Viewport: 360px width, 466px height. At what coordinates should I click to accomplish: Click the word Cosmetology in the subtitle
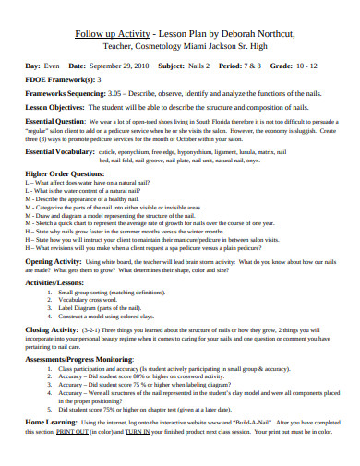coord(167,47)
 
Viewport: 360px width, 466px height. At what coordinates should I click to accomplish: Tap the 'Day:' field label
coord(32,66)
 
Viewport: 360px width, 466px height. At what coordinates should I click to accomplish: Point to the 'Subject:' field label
coord(172,66)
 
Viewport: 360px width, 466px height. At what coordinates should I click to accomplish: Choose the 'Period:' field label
coord(232,66)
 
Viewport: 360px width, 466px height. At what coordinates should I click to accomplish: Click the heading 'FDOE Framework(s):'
coord(59,80)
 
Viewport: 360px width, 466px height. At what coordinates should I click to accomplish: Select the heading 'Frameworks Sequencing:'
coord(65,93)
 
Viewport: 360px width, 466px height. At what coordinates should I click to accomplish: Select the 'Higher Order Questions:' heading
coord(65,173)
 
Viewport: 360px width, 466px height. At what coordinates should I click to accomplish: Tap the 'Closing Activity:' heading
coord(53,329)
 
